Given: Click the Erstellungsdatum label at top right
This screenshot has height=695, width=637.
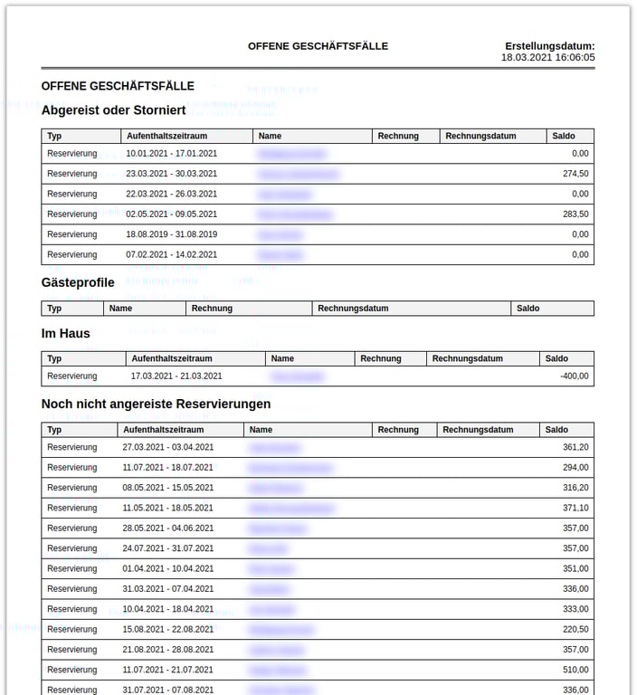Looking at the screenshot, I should click(549, 46).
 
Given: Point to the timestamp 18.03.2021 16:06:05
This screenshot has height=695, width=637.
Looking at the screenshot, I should click(547, 57).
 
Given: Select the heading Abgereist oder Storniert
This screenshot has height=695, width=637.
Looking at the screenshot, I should click(113, 110).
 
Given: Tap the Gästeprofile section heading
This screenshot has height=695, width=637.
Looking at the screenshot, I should click(78, 282).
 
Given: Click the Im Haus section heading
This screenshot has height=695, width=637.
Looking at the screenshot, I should click(65, 333).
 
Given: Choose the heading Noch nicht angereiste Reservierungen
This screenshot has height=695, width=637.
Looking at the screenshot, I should click(156, 404).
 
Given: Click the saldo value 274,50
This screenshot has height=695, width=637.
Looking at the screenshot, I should click(575, 174).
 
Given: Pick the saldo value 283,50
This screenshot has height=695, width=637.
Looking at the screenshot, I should click(575, 214).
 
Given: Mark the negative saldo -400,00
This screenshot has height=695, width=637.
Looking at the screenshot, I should click(574, 376).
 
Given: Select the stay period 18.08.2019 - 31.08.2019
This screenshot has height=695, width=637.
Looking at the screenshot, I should click(171, 234).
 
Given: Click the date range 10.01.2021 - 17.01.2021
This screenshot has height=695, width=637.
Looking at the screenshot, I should click(171, 154).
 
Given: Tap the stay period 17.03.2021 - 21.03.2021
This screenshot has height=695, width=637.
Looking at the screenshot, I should click(176, 376).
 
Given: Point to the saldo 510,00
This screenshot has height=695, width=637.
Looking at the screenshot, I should click(575, 671).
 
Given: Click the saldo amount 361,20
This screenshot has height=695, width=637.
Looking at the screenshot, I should click(575, 447).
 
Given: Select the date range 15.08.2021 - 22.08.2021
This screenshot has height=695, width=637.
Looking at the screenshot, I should click(167, 630).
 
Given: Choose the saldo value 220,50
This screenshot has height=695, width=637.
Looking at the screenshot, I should click(575, 630).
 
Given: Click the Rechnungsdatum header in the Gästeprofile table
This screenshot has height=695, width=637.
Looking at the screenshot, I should click(353, 309).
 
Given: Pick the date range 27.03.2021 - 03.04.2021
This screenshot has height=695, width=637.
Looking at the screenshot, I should click(167, 447).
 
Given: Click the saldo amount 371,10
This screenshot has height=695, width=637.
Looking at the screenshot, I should click(575, 509).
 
